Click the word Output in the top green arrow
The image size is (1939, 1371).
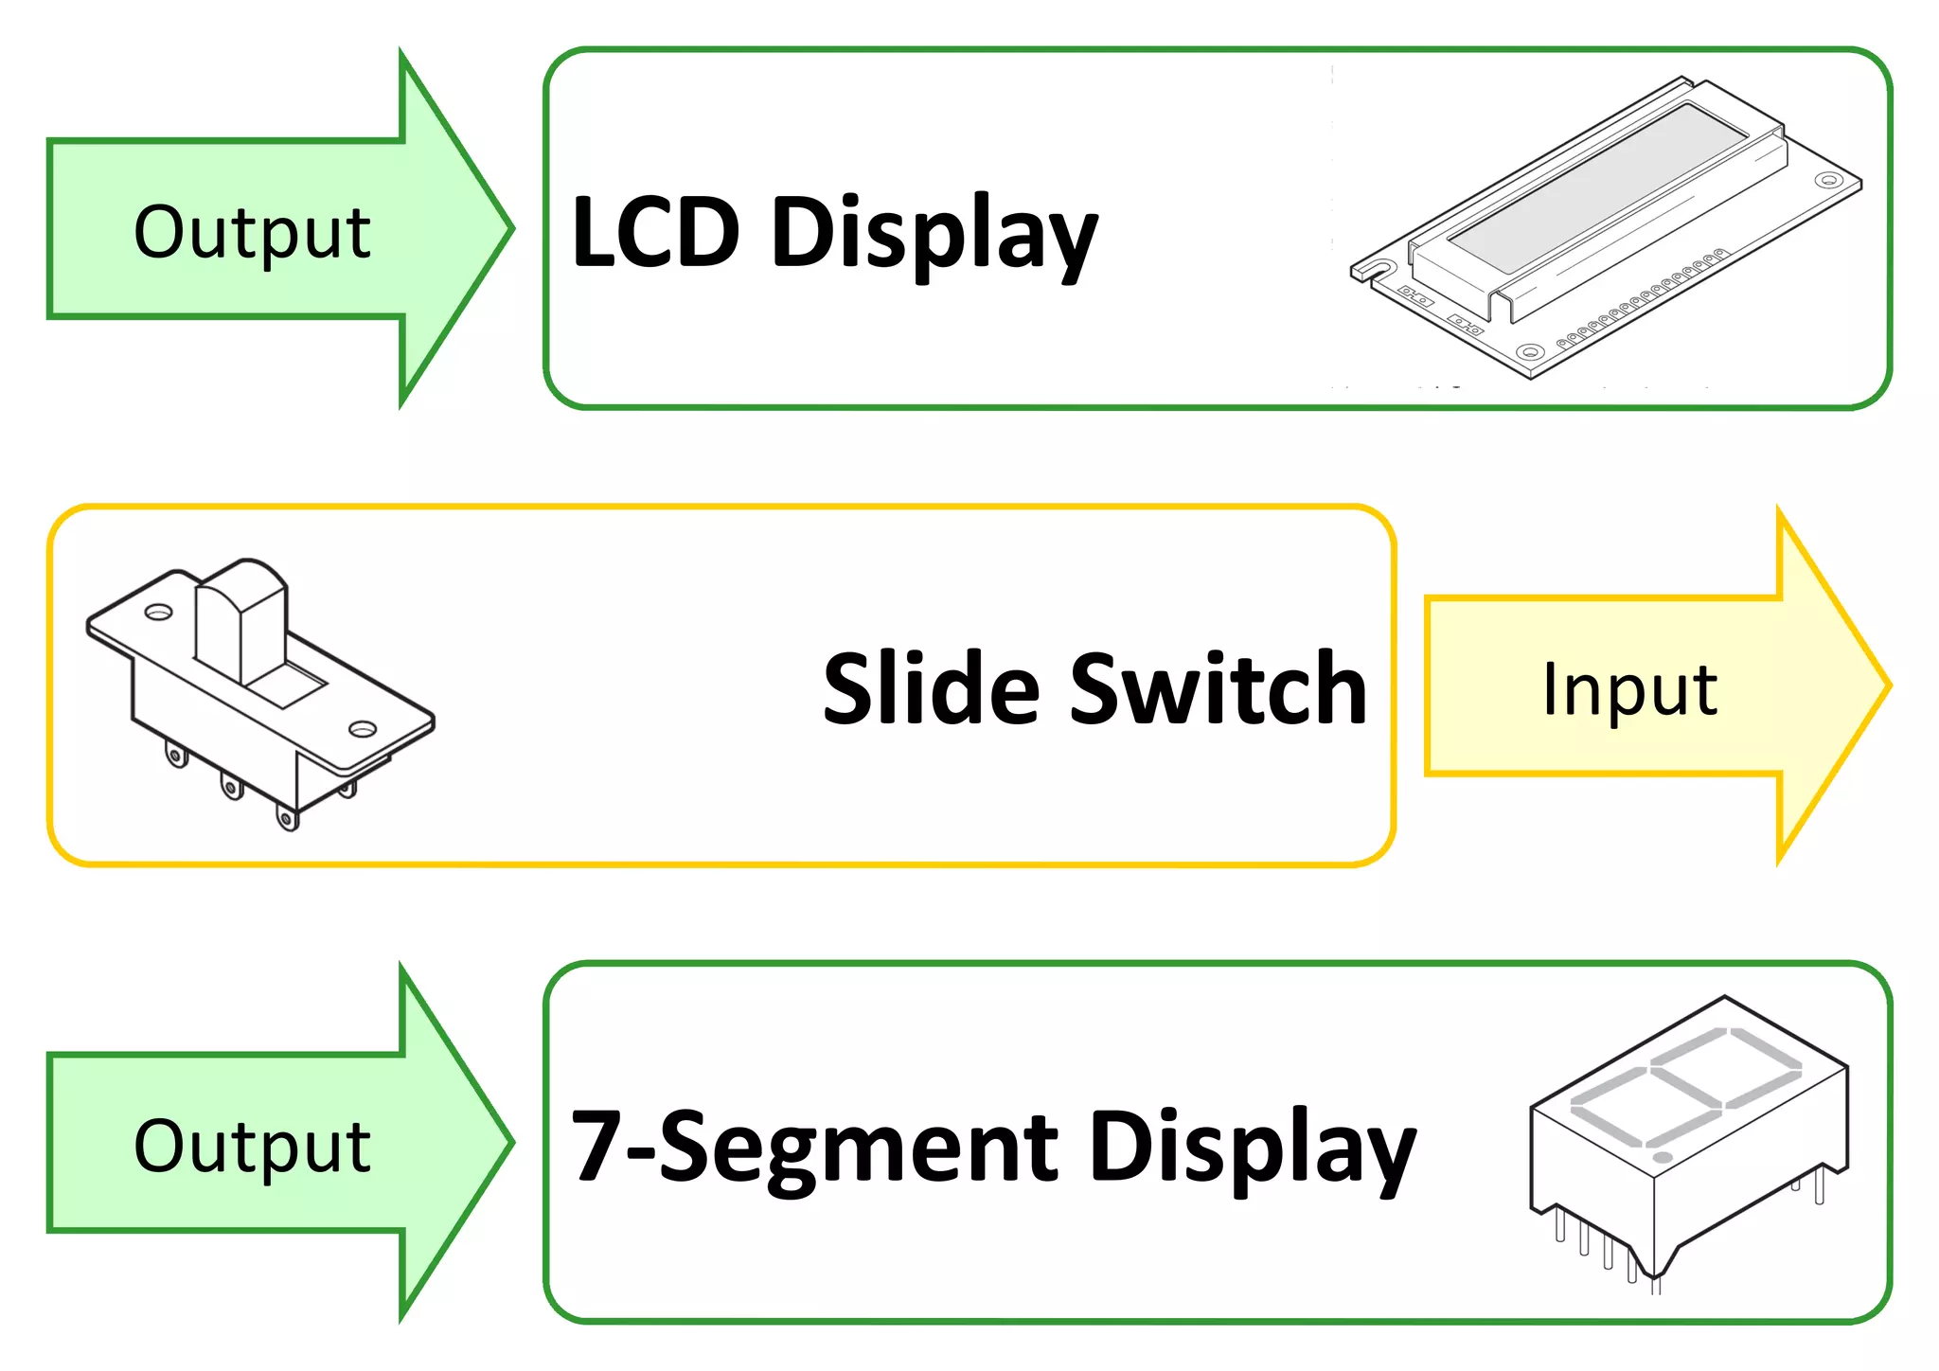click(252, 232)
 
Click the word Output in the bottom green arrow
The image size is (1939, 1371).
click(252, 1146)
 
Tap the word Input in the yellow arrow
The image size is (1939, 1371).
click(1628, 689)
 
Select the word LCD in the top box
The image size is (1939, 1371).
click(655, 232)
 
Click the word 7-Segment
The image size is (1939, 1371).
click(814, 1148)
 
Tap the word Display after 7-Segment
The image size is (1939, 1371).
click(1252, 1150)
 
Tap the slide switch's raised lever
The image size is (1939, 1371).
click(241, 615)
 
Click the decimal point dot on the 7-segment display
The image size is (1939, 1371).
click(1662, 1157)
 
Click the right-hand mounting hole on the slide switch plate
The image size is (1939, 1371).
click(362, 729)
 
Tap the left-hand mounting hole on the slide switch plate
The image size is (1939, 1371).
click(158, 612)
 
